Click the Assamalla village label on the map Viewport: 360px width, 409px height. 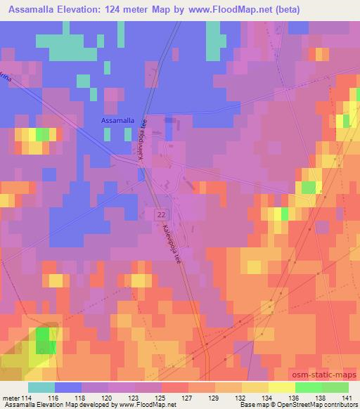point(116,120)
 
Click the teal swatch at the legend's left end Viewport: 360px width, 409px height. point(41,387)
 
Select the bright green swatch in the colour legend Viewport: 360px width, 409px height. point(308,387)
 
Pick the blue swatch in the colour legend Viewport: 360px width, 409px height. point(67,387)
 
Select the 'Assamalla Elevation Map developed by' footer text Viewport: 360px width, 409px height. point(51,405)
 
